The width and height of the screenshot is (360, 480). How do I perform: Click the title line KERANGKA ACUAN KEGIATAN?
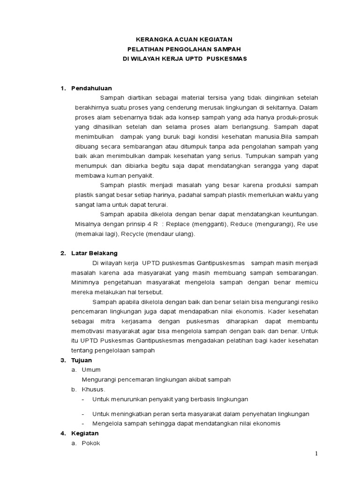click(x=180, y=39)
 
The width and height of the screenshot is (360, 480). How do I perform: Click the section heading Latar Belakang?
click(x=94, y=253)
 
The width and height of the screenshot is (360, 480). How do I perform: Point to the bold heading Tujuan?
click(x=82, y=360)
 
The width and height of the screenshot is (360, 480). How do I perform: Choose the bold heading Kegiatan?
click(x=84, y=434)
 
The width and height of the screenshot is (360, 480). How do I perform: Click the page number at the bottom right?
click(x=316, y=453)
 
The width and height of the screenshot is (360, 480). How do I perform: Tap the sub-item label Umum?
click(x=91, y=369)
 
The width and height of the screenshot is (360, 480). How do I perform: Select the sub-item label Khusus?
click(x=93, y=389)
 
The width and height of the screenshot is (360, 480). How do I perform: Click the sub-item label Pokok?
click(x=91, y=443)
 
